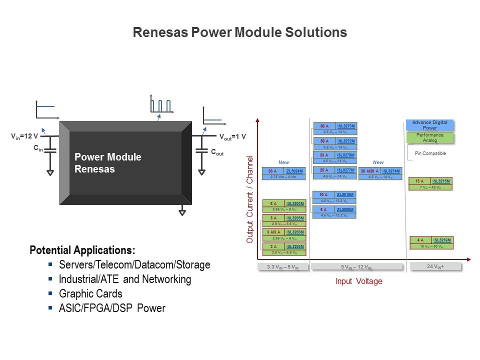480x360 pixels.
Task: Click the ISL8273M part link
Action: [x=346, y=126]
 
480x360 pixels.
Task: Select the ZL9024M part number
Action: [x=294, y=171]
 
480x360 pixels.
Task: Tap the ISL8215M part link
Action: [x=441, y=181]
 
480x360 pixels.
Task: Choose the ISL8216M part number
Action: [x=442, y=240]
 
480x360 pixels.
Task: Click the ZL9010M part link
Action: [x=345, y=194]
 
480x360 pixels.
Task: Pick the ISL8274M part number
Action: [x=391, y=171]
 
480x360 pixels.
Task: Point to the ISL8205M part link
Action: [x=295, y=218]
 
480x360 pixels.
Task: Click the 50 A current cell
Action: [x=324, y=141]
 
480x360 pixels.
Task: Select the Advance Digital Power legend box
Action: [x=429, y=125]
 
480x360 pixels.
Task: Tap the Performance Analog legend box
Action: [x=429, y=137]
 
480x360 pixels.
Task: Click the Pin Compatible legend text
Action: [x=430, y=153]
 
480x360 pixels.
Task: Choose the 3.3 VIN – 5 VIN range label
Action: [x=283, y=267]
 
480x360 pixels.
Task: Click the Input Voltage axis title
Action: [x=358, y=281]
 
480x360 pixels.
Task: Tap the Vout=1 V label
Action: [x=232, y=136]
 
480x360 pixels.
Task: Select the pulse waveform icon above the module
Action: [x=160, y=105]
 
